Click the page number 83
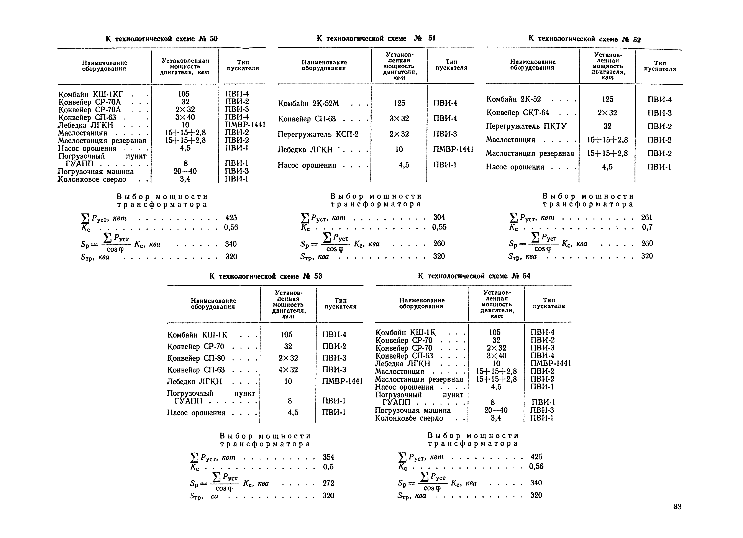coord(677,507)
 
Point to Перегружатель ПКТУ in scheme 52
coord(526,126)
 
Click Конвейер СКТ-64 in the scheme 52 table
coord(518,113)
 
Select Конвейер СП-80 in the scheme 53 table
coord(196,358)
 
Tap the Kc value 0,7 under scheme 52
coord(647,227)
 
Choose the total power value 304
coord(439,217)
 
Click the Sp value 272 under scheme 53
coord(328,483)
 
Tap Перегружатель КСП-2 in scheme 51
coord(318,134)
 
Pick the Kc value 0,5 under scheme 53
coord(328,467)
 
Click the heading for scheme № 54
coord(474,276)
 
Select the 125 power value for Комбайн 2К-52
coord(607,99)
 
